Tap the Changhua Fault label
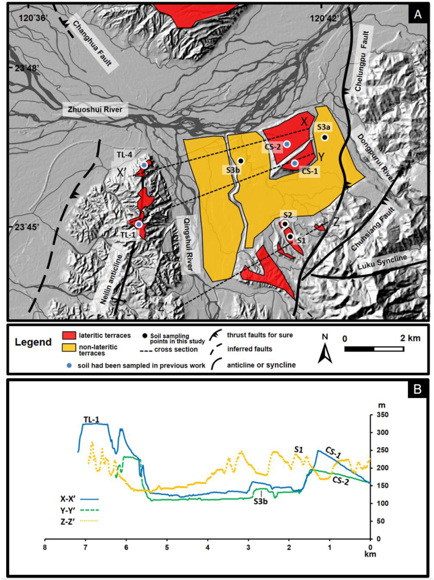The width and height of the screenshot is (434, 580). [92, 43]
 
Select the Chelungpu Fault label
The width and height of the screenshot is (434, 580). [362, 62]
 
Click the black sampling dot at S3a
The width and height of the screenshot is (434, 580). [325, 137]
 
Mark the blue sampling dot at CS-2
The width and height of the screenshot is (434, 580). [287, 144]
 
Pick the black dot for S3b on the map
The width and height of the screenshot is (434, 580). [240, 161]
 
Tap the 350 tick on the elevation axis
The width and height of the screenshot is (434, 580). [381, 415]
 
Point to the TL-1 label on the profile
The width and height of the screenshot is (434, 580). [92, 420]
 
